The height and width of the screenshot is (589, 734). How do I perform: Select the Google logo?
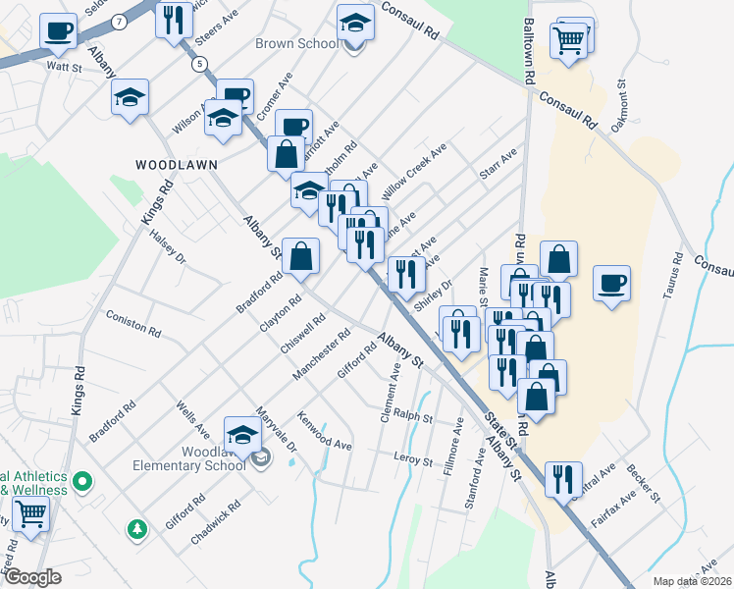click(x=32, y=577)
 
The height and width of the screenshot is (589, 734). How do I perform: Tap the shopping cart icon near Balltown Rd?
click(x=569, y=41)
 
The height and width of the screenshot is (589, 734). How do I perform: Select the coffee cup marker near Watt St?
click(x=59, y=31)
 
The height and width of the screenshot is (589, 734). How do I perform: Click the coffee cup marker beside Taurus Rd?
click(x=612, y=284)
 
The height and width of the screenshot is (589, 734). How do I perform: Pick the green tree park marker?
click(x=137, y=529)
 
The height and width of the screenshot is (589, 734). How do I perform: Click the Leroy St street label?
click(x=412, y=459)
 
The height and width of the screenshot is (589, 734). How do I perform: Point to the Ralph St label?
click(x=413, y=416)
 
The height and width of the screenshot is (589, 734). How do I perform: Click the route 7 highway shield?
click(x=119, y=21)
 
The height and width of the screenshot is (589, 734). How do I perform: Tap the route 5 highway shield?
click(x=200, y=65)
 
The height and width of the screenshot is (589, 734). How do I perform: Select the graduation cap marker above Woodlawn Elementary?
click(x=242, y=434)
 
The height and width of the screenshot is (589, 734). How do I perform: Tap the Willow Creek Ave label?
click(x=414, y=167)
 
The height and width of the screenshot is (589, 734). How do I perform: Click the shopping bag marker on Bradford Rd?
click(x=301, y=256)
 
